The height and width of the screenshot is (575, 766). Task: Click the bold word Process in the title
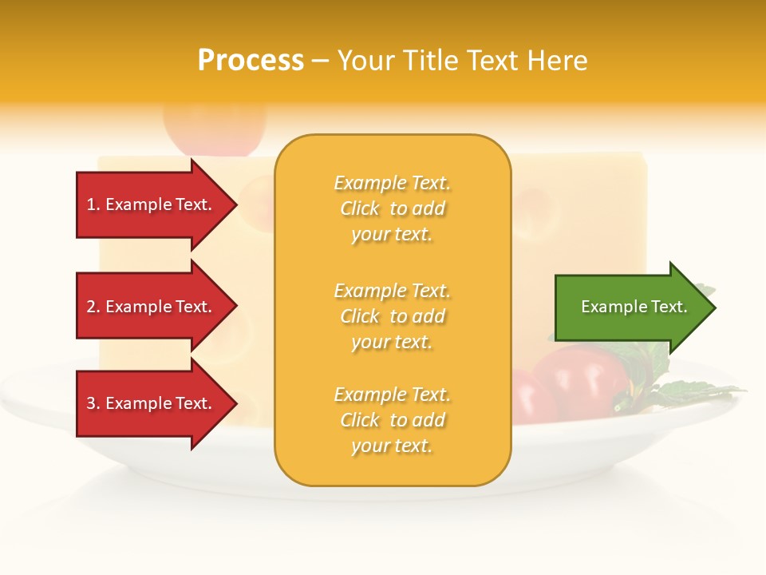tap(251, 61)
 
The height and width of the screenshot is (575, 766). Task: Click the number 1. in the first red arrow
tap(93, 204)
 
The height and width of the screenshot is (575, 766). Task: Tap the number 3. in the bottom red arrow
tap(93, 403)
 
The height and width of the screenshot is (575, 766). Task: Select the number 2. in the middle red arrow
tap(93, 307)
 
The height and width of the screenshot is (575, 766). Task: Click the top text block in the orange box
tap(393, 208)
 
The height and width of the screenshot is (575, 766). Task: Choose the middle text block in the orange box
tap(393, 316)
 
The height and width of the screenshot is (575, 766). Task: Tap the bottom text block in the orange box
tap(393, 420)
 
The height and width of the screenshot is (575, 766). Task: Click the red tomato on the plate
tap(578, 379)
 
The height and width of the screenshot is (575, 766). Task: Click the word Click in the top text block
tap(360, 208)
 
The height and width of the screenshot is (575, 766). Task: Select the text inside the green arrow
tap(634, 307)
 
